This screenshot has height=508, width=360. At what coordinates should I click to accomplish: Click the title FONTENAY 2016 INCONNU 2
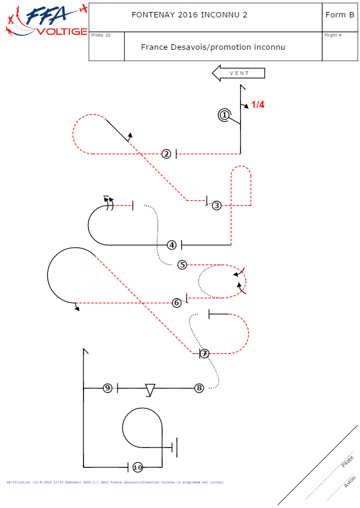(x=189, y=15)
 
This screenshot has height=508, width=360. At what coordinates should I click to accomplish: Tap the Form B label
(x=340, y=15)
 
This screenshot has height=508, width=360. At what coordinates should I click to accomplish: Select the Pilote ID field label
(x=100, y=35)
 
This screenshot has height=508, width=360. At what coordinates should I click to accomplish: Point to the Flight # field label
(x=333, y=35)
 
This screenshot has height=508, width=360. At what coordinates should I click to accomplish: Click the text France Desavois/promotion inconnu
(x=213, y=47)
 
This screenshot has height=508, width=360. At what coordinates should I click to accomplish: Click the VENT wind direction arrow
(x=239, y=73)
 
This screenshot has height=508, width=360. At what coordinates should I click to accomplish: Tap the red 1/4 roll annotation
(x=257, y=105)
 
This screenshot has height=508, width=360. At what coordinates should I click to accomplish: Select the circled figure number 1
(x=224, y=115)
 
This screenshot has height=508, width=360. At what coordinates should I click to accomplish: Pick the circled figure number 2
(x=166, y=154)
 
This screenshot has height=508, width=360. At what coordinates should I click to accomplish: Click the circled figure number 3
(x=217, y=205)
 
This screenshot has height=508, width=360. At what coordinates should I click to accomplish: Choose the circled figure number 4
(x=172, y=245)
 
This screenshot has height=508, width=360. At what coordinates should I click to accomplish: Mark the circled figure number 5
(x=182, y=264)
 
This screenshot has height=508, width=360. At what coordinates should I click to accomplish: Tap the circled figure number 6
(x=176, y=303)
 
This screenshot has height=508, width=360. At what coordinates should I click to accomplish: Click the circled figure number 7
(x=205, y=353)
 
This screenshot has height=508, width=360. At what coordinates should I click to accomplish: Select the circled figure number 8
(x=199, y=388)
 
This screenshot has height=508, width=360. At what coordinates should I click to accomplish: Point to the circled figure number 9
(x=107, y=388)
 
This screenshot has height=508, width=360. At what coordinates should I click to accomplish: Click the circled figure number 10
(x=137, y=467)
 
